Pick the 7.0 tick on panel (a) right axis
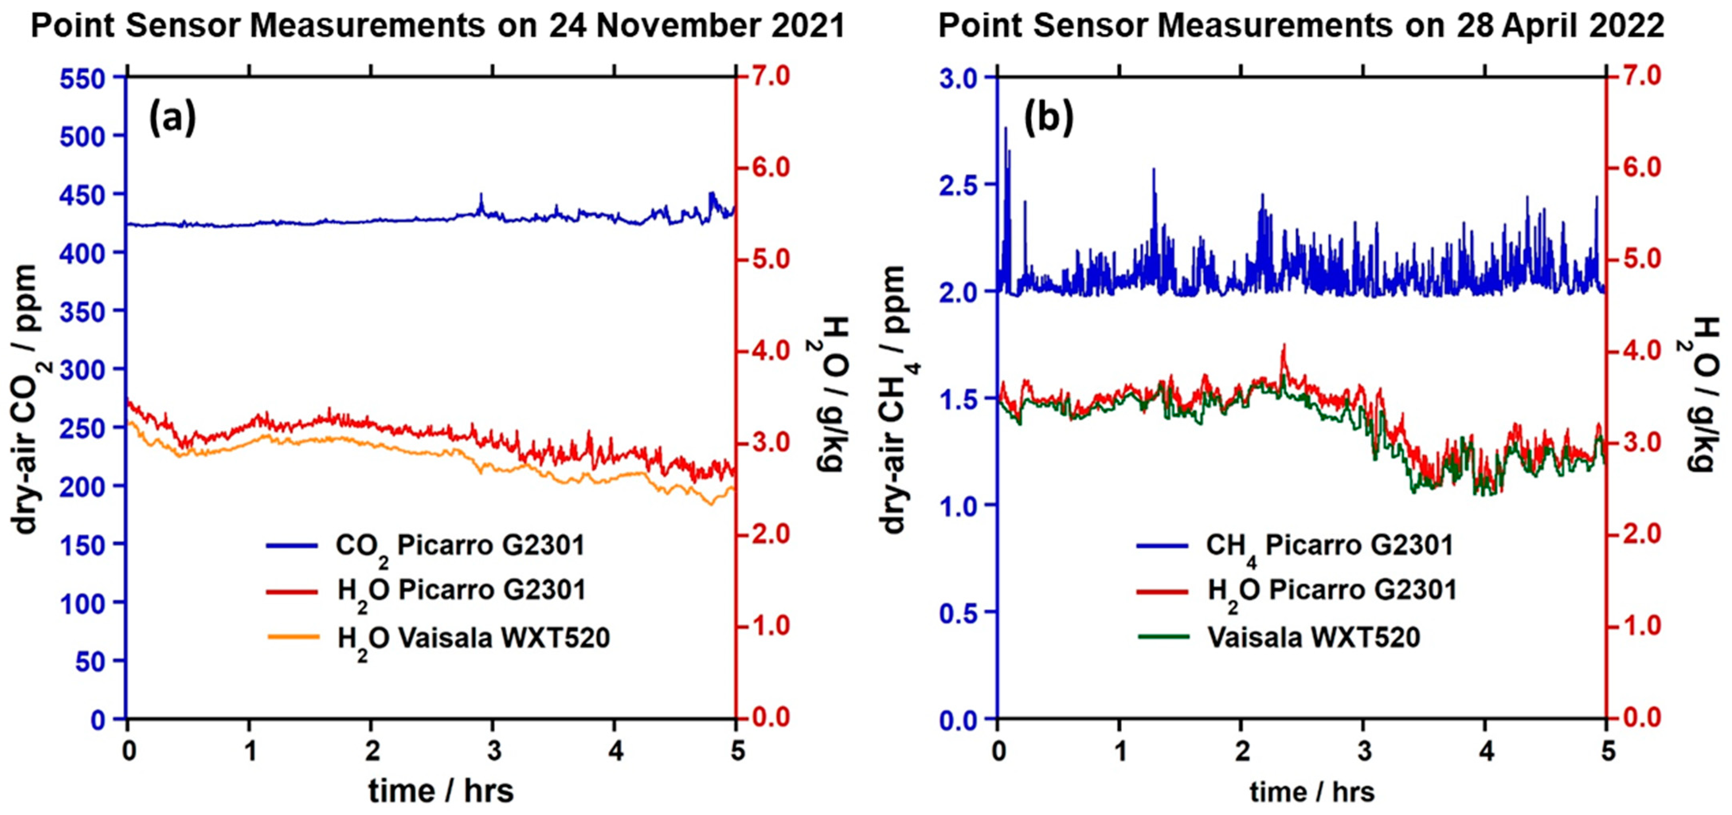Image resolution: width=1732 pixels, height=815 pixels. click(x=771, y=76)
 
